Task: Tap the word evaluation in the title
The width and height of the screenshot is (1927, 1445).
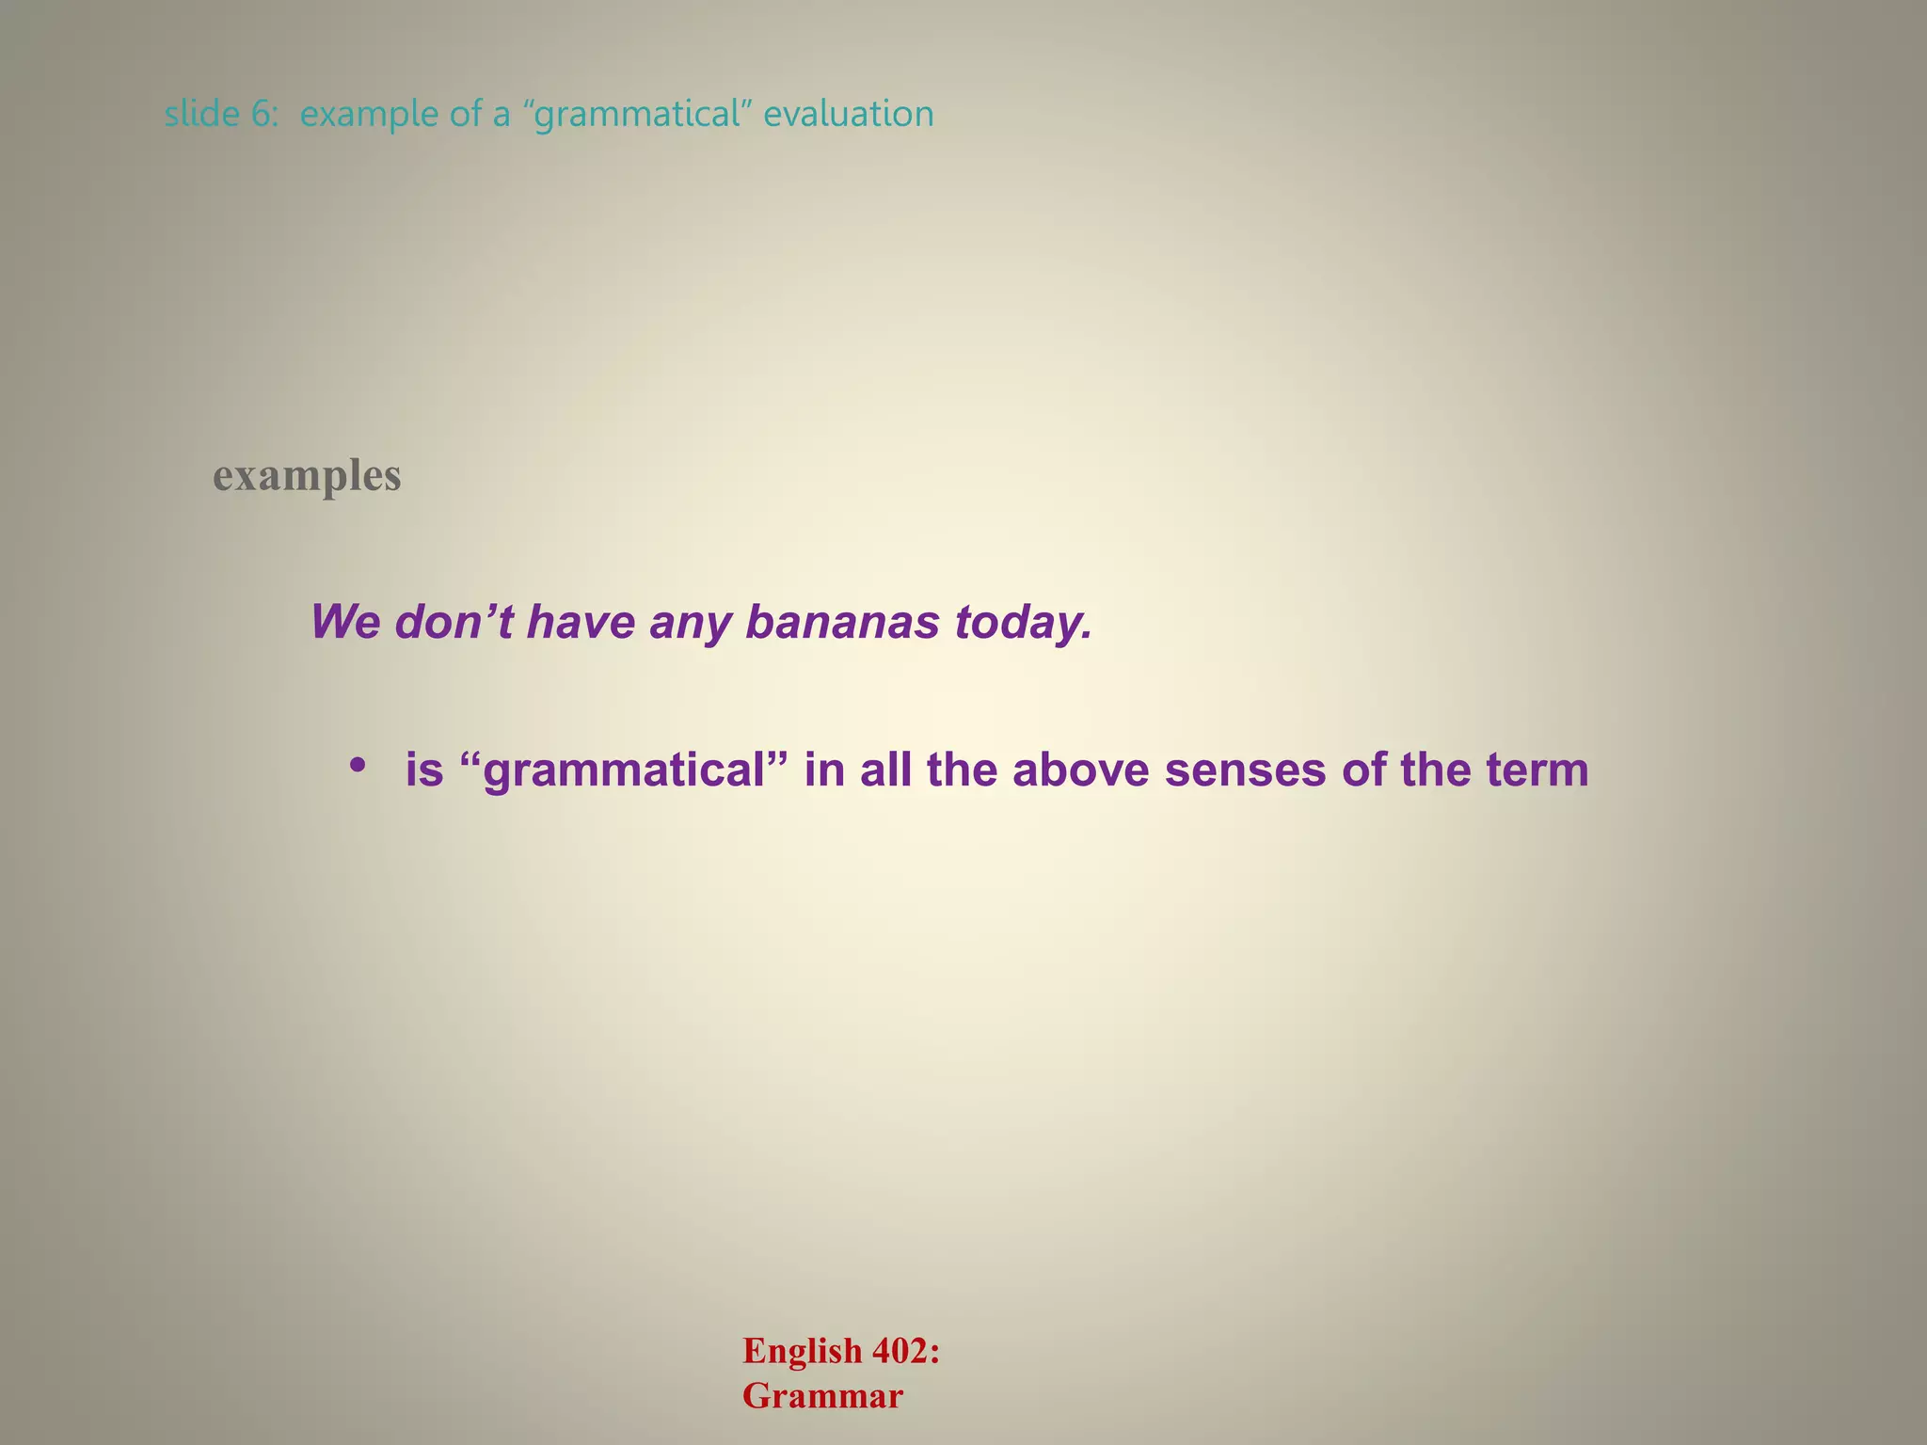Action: [849, 115]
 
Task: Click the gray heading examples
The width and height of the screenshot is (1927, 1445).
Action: [307, 476]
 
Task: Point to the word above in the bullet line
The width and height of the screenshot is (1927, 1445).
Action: [1081, 770]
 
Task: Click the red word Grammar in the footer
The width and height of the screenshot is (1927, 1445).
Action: [822, 1397]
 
